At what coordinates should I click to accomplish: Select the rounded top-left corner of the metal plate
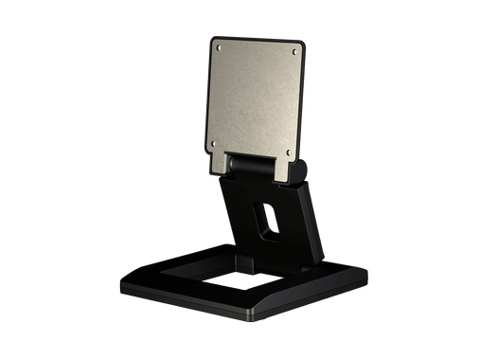point(212,40)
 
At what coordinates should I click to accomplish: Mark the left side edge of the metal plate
point(209,95)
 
